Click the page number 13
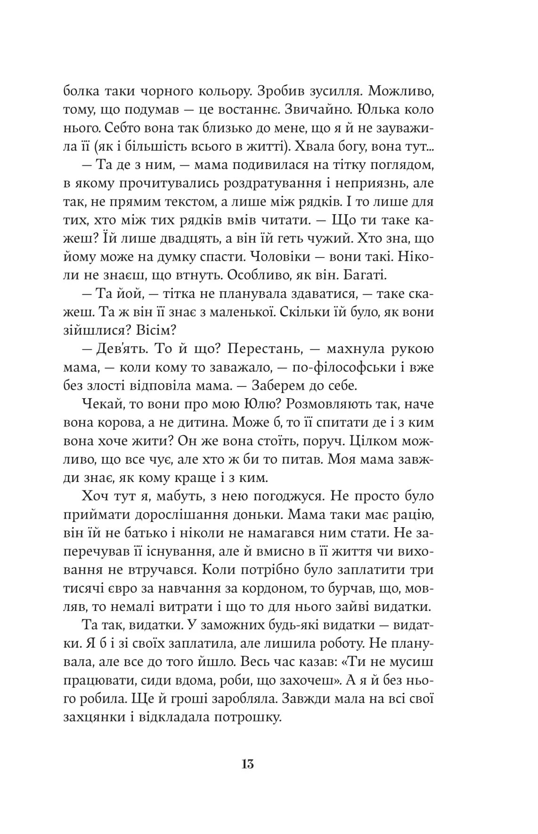pyautogui.click(x=248, y=764)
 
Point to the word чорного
pyautogui.click(x=159, y=91)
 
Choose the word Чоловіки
pyautogui.click(x=279, y=257)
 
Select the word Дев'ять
pyautogui.click(x=118, y=349)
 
